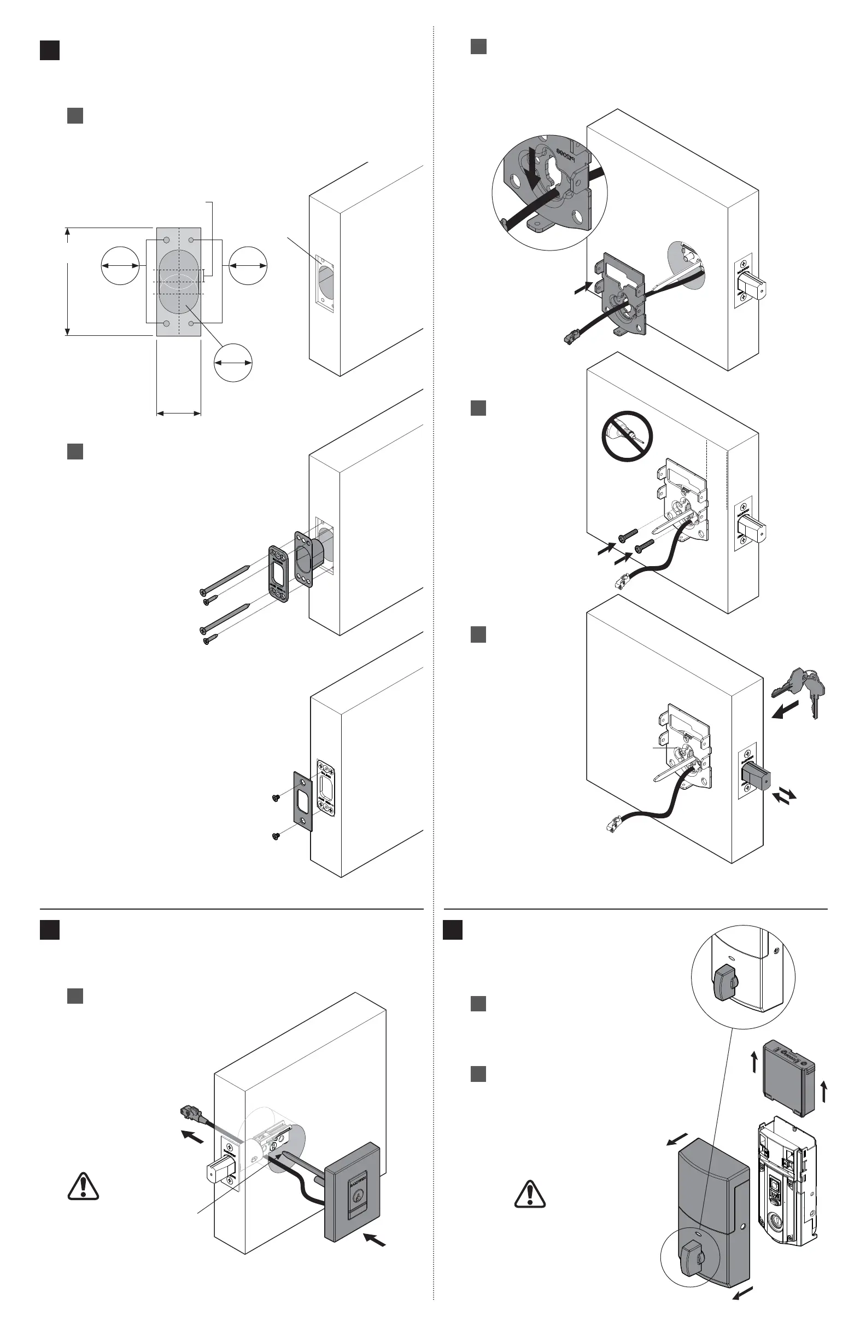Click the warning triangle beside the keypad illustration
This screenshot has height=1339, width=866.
tap(83, 1186)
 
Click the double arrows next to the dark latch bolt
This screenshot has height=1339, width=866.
tap(785, 795)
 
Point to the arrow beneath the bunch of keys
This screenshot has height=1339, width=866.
tap(786, 709)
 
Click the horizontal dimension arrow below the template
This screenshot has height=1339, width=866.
tap(178, 414)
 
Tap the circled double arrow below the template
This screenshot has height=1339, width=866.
tap(233, 363)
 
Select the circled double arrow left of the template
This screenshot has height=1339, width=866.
tap(120, 265)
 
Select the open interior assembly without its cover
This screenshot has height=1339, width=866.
tap(784, 1181)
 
